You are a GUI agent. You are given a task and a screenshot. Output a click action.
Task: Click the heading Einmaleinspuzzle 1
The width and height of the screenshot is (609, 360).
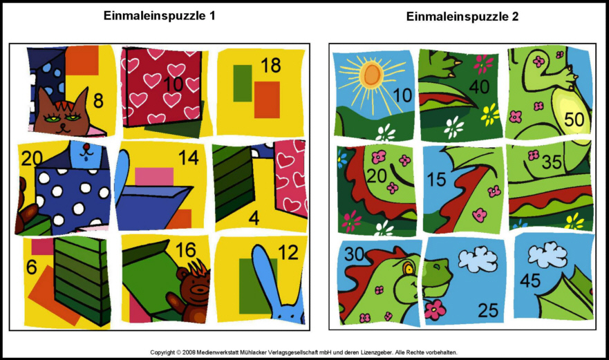159,15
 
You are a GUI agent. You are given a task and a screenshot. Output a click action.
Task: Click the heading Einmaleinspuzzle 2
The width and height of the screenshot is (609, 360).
462,17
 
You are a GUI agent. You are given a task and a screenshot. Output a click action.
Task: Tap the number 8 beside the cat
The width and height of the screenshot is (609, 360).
98,101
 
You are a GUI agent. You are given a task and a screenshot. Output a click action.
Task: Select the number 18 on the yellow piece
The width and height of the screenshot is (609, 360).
271,65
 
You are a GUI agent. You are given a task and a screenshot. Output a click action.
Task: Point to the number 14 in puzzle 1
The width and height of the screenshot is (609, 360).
189,158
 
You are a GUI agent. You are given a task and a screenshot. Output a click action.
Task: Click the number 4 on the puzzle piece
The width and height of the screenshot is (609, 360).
254,218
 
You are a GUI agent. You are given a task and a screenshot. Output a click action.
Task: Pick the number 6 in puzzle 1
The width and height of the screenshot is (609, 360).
32,267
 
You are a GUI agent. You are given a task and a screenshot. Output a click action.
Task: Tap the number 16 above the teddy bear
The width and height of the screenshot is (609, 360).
186,250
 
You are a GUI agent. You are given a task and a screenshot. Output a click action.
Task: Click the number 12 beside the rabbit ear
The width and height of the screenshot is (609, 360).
288,253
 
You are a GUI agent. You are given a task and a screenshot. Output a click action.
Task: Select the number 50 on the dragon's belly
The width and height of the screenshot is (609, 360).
574,120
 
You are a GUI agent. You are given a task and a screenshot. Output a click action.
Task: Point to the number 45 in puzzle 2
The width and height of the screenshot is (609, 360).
530,281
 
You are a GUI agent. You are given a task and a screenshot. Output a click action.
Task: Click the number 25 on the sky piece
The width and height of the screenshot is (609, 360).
488,310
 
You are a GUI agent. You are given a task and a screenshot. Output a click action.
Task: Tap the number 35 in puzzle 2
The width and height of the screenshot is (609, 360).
552,162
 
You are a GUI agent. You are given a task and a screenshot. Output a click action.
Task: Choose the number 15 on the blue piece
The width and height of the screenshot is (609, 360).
437,180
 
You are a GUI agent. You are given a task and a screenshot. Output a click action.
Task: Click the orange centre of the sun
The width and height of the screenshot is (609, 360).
372,74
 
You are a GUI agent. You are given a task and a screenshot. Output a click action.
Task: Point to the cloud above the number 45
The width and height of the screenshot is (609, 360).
547,254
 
